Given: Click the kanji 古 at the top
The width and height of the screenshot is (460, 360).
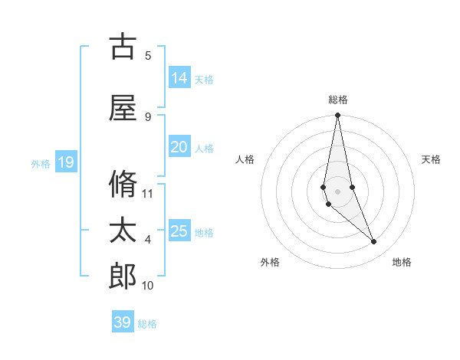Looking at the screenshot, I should (123, 47).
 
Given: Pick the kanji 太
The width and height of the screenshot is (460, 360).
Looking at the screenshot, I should (123, 231).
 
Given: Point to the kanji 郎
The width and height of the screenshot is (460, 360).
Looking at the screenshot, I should (123, 277).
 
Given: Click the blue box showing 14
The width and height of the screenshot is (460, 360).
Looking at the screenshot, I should (179, 78).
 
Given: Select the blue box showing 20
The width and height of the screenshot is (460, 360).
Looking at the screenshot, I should (179, 147).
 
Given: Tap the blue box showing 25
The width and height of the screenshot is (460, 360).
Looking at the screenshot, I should (179, 231).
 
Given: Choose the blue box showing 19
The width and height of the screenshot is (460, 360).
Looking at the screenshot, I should (65, 162).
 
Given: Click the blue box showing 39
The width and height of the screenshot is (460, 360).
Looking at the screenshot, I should (123, 322).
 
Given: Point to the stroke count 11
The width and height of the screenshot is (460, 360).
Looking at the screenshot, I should (148, 193).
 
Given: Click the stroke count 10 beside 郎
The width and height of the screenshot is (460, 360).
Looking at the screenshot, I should (148, 286).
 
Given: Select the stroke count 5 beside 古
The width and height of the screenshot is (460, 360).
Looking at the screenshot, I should (148, 55).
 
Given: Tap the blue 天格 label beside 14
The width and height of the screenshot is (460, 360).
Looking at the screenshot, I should (204, 80).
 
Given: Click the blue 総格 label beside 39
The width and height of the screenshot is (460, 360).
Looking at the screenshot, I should (147, 324).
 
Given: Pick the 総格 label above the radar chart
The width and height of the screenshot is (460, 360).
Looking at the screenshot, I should (338, 100).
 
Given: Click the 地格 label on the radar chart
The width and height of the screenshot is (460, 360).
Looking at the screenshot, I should (402, 262).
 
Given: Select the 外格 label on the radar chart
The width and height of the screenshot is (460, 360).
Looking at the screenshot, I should (270, 262).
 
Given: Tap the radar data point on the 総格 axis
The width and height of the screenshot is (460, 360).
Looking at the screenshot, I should (337, 116).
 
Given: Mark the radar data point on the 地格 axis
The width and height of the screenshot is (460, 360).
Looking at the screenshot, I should (374, 242).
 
